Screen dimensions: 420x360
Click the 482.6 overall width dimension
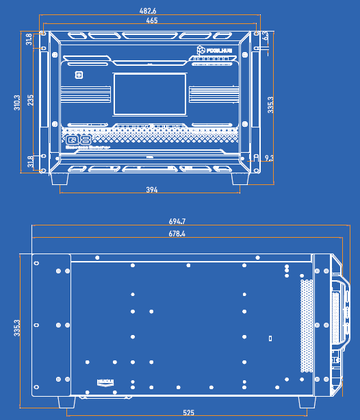pyautogui.click(x=148, y=11)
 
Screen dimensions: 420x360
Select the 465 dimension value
pyautogui.click(x=151, y=21)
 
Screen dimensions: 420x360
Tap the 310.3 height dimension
pyautogui.click(x=17, y=103)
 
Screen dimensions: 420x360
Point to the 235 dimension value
pyautogui.click(x=30, y=101)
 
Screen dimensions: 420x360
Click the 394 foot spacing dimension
pyautogui.click(x=151, y=190)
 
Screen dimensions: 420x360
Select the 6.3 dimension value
pyautogui.click(x=266, y=36)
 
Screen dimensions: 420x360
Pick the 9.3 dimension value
pyautogui.click(x=268, y=158)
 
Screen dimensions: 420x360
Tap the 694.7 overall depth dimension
pyautogui.click(x=177, y=221)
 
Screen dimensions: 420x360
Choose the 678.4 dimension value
pyautogui.click(x=177, y=234)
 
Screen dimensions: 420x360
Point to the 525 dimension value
pyautogui.click(x=188, y=412)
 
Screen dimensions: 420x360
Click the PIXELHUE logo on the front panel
pyautogui.click(x=216, y=50)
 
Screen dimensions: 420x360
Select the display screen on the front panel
pyautogui.click(x=150, y=94)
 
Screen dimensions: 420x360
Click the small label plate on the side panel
pyautogui.click(x=105, y=382)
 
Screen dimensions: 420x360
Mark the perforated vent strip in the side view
pyautogui.click(x=307, y=325)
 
